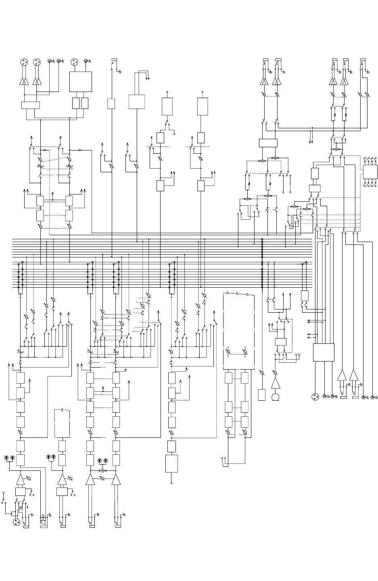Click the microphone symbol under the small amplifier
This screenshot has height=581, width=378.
tap(276, 397)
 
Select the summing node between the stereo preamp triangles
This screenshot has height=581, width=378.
tap(103, 470)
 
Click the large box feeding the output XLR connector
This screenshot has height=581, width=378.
tap(324, 352)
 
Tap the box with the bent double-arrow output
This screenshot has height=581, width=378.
tap(136, 102)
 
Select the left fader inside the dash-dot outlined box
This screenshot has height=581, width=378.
tap(229, 352)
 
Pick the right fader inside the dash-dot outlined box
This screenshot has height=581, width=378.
tap(245, 352)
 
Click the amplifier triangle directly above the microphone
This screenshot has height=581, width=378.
tap(276, 383)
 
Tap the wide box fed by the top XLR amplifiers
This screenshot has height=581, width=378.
tap(30, 105)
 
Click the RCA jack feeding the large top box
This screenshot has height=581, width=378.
tap(86, 61)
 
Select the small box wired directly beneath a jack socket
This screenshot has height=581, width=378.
tap(112, 103)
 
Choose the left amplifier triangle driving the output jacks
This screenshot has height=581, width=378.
tap(342, 376)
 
